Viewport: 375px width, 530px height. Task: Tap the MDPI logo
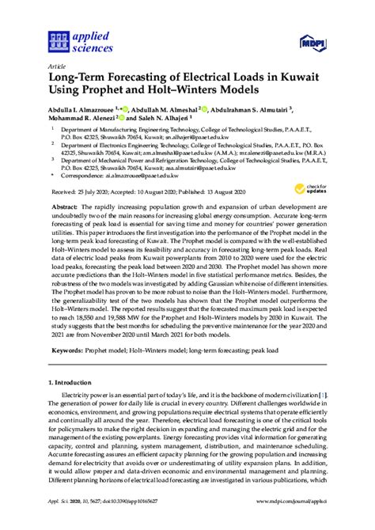coord(312,40)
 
